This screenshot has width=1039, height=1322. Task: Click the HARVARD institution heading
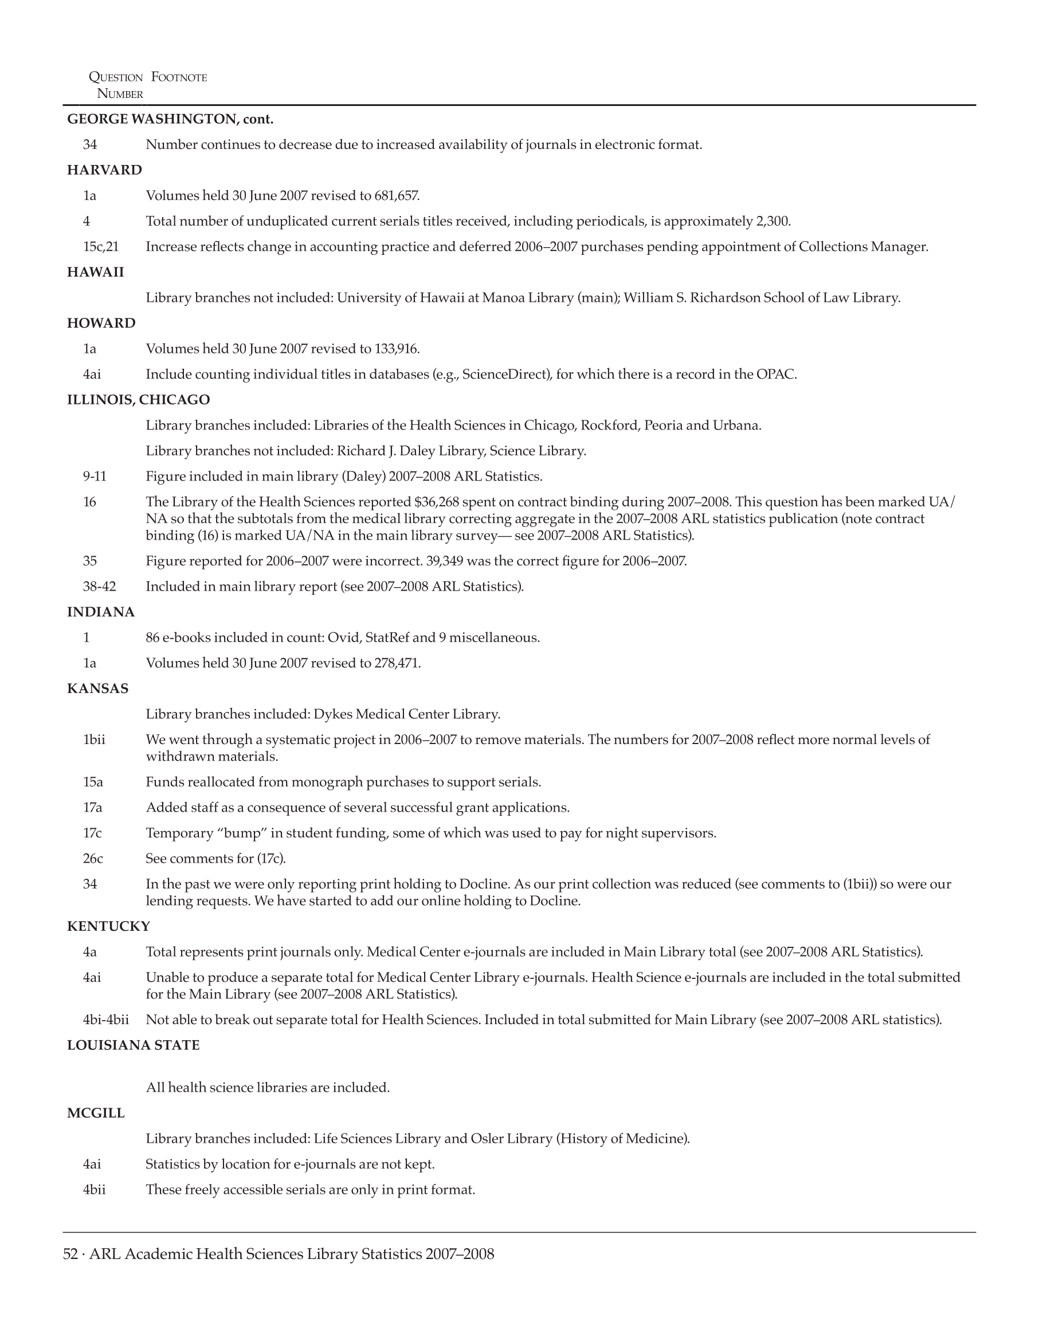tap(104, 170)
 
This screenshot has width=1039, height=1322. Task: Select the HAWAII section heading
tap(95, 273)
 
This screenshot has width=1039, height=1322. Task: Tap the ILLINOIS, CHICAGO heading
tap(138, 400)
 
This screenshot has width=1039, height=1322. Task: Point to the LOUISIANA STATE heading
tap(133, 1045)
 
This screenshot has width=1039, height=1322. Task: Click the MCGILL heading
tap(96, 1114)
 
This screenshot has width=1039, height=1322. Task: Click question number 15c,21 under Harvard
tap(100, 247)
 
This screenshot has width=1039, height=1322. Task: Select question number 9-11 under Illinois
tap(95, 477)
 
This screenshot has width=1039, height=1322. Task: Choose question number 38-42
tap(99, 587)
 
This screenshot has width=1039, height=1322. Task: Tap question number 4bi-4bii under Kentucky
tap(106, 1020)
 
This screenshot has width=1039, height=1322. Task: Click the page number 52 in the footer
tap(70, 1254)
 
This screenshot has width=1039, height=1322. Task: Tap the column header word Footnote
tap(179, 78)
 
